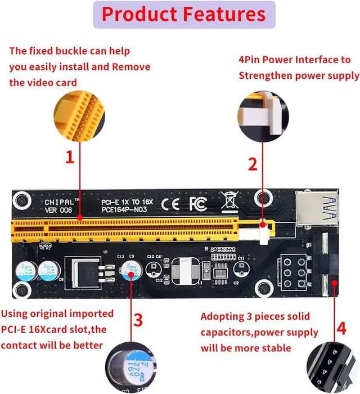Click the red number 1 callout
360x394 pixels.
[x=70, y=158]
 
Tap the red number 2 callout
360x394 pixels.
[x=253, y=164]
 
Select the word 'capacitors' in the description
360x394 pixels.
[x=228, y=332]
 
